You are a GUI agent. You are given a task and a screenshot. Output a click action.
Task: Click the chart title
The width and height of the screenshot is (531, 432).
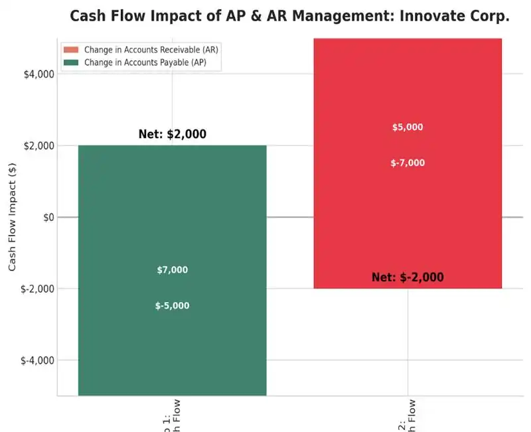pyautogui.click(x=289, y=16)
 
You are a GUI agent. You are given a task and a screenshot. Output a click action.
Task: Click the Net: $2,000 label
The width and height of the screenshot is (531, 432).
pyautogui.click(x=173, y=134)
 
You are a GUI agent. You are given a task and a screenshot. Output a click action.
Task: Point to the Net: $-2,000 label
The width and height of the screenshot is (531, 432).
pyautogui.click(x=408, y=277)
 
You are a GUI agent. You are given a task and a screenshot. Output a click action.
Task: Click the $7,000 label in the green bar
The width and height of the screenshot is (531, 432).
pyautogui.click(x=173, y=270)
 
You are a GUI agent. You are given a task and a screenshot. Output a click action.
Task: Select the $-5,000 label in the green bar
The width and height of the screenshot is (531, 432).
pyautogui.click(x=173, y=306)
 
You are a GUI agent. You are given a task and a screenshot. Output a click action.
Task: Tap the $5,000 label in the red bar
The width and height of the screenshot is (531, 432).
pyautogui.click(x=408, y=127)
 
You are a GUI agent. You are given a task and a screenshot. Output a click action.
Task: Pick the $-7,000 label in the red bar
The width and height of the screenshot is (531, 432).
pyautogui.click(x=408, y=163)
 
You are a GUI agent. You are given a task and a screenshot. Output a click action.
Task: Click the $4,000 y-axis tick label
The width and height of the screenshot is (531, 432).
pyautogui.click(x=38, y=74)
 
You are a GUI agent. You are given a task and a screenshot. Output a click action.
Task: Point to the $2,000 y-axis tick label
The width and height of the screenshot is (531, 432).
pyautogui.click(x=38, y=146)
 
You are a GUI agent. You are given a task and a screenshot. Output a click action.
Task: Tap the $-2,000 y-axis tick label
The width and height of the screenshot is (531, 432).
pyautogui.click(x=37, y=289)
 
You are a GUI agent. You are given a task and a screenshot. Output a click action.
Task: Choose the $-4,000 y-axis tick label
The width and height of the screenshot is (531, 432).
pyautogui.click(x=37, y=361)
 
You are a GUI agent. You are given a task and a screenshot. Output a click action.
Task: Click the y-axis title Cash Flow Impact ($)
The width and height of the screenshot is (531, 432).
pyautogui.click(x=13, y=218)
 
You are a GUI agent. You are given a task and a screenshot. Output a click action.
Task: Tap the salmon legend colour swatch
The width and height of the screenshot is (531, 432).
pyautogui.click(x=70, y=50)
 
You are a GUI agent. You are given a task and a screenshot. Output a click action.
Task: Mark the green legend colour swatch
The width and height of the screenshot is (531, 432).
pyautogui.click(x=70, y=62)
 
